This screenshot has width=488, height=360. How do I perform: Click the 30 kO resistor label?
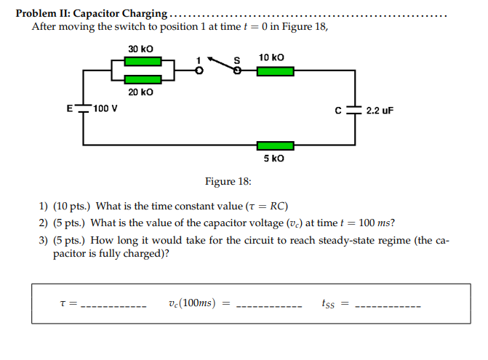coord(140,49)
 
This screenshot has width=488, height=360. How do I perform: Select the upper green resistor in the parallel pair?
coord(142,62)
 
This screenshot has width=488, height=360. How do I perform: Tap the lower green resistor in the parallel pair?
coord(142,79)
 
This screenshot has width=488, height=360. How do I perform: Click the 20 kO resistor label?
coord(140,92)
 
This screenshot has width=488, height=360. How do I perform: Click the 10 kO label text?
coord(271,57)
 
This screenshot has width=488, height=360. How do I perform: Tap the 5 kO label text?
coord(274,158)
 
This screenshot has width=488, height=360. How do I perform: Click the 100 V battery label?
coord(106,109)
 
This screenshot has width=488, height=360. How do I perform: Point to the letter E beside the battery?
coord(70,108)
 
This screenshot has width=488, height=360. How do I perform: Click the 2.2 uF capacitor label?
coord(380,111)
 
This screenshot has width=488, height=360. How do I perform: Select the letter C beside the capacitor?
coord(338,111)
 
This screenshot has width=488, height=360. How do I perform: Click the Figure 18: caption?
coord(230,181)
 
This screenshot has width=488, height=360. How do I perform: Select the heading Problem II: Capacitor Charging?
coord(91,13)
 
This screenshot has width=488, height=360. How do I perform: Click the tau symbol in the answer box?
coord(63,303)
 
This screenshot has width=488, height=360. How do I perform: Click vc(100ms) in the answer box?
coord(191,303)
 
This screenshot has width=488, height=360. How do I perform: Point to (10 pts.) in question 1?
coord(72,206)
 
